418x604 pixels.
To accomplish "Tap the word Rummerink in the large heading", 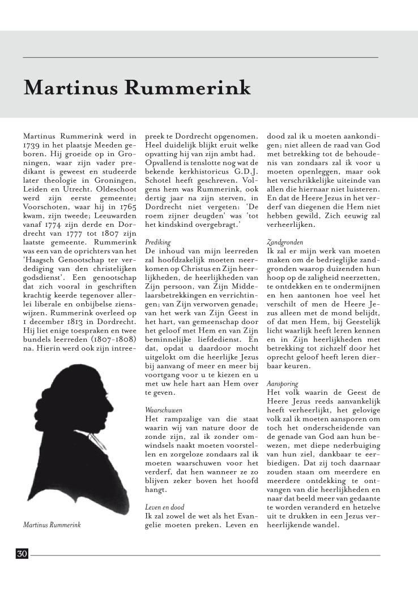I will click(x=187, y=88).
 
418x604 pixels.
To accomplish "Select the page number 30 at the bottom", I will click(x=22, y=554).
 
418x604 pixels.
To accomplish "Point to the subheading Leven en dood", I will click(x=164, y=507).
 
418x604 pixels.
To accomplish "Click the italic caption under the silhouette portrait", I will click(x=52, y=525).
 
